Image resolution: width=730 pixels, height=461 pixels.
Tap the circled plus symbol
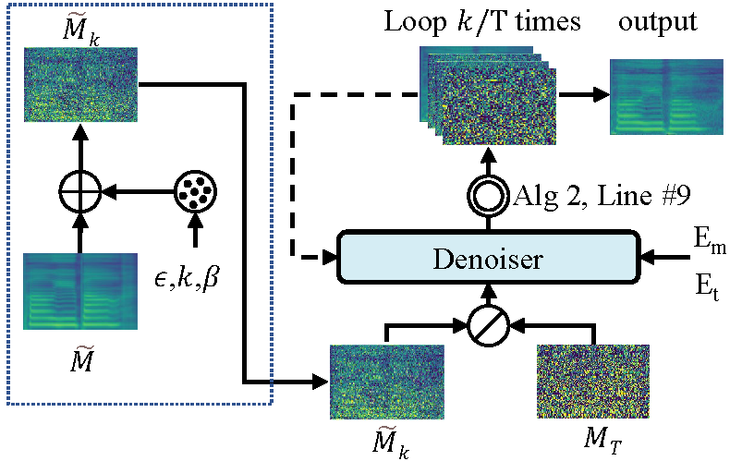79,195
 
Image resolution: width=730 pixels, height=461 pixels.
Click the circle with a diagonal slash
487,325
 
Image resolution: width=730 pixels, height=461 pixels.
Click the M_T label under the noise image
589,437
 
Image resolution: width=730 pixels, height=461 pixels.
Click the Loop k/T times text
481,21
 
